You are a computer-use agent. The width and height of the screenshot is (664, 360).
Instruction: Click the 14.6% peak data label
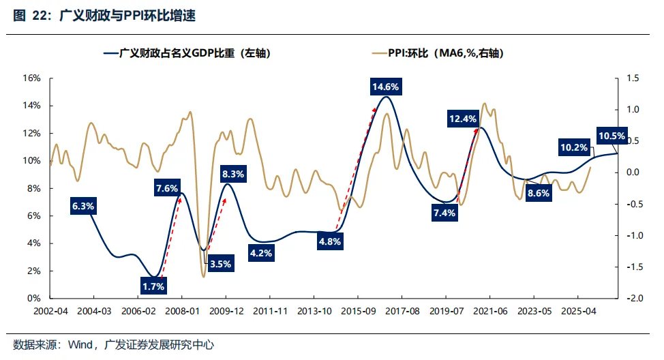[x=386, y=87]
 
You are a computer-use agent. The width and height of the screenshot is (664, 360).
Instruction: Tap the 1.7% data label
[x=154, y=286]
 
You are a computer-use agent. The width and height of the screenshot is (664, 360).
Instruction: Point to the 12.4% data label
[x=463, y=119]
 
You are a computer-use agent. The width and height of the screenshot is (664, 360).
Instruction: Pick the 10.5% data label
[x=611, y=136]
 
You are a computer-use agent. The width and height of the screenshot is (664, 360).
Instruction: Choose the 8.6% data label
[x=539, y=193]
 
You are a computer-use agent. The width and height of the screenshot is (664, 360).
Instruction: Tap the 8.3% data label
[x=234, y=174]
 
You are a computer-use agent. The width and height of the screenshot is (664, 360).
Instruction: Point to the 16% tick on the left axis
[x=33, y=78]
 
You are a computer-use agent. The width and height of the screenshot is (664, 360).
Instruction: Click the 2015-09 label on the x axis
[x=358, y=311]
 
